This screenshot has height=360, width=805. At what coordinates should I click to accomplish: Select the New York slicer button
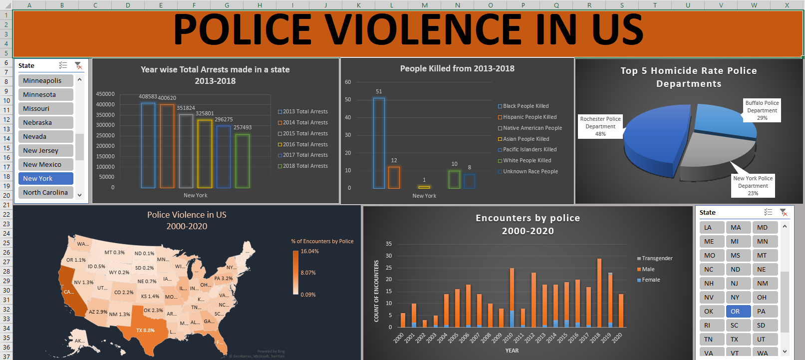[45, 178]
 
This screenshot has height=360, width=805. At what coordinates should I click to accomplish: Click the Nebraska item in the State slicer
[45, 122]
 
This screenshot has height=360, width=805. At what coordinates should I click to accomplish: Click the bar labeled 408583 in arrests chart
[148, 145]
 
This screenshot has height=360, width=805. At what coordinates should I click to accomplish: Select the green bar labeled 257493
[243, 161]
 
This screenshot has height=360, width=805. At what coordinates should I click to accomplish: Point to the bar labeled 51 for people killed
[379, 143]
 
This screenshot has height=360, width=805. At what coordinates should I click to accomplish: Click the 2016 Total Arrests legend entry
[305, 144]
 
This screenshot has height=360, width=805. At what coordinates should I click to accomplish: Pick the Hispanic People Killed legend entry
[530, 117]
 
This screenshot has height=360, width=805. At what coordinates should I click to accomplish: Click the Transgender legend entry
[657, 258]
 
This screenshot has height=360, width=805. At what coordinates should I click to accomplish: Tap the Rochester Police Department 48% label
[600, 126]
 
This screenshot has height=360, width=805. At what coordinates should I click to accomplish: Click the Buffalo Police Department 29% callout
[762, 110]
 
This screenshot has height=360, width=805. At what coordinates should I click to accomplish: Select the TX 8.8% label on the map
[145, 330]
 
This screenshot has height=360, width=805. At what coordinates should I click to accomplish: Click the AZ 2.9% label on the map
[98, 312]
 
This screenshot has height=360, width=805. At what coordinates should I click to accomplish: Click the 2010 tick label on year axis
[508, 338]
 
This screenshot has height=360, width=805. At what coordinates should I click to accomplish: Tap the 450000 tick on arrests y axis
[105, 94]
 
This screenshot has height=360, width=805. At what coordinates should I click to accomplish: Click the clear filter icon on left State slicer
[78, 65]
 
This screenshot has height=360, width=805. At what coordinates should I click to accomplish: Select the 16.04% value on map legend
[309, 251]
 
